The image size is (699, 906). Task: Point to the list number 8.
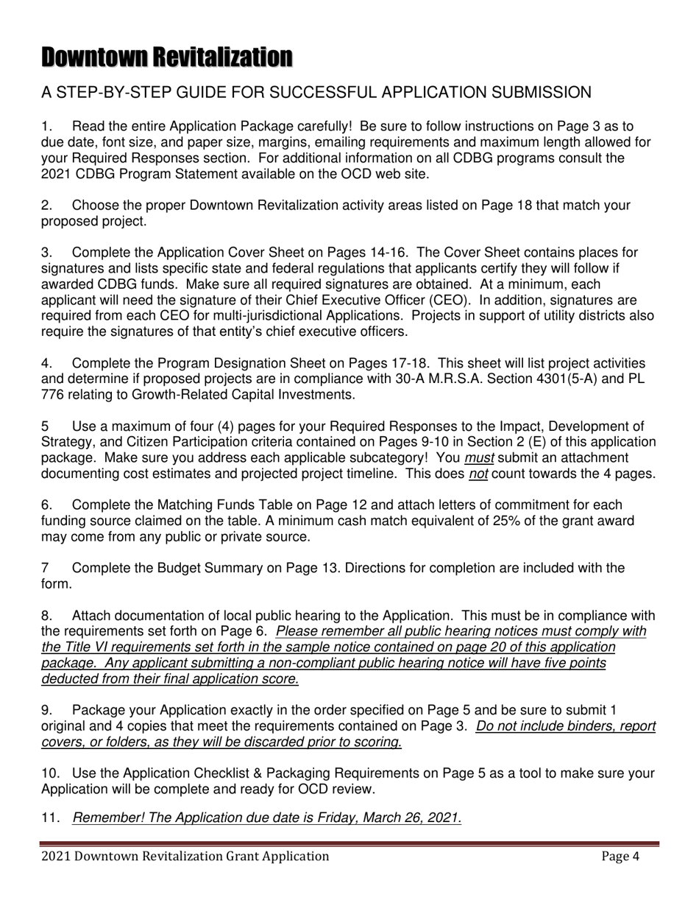click(46, 615)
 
